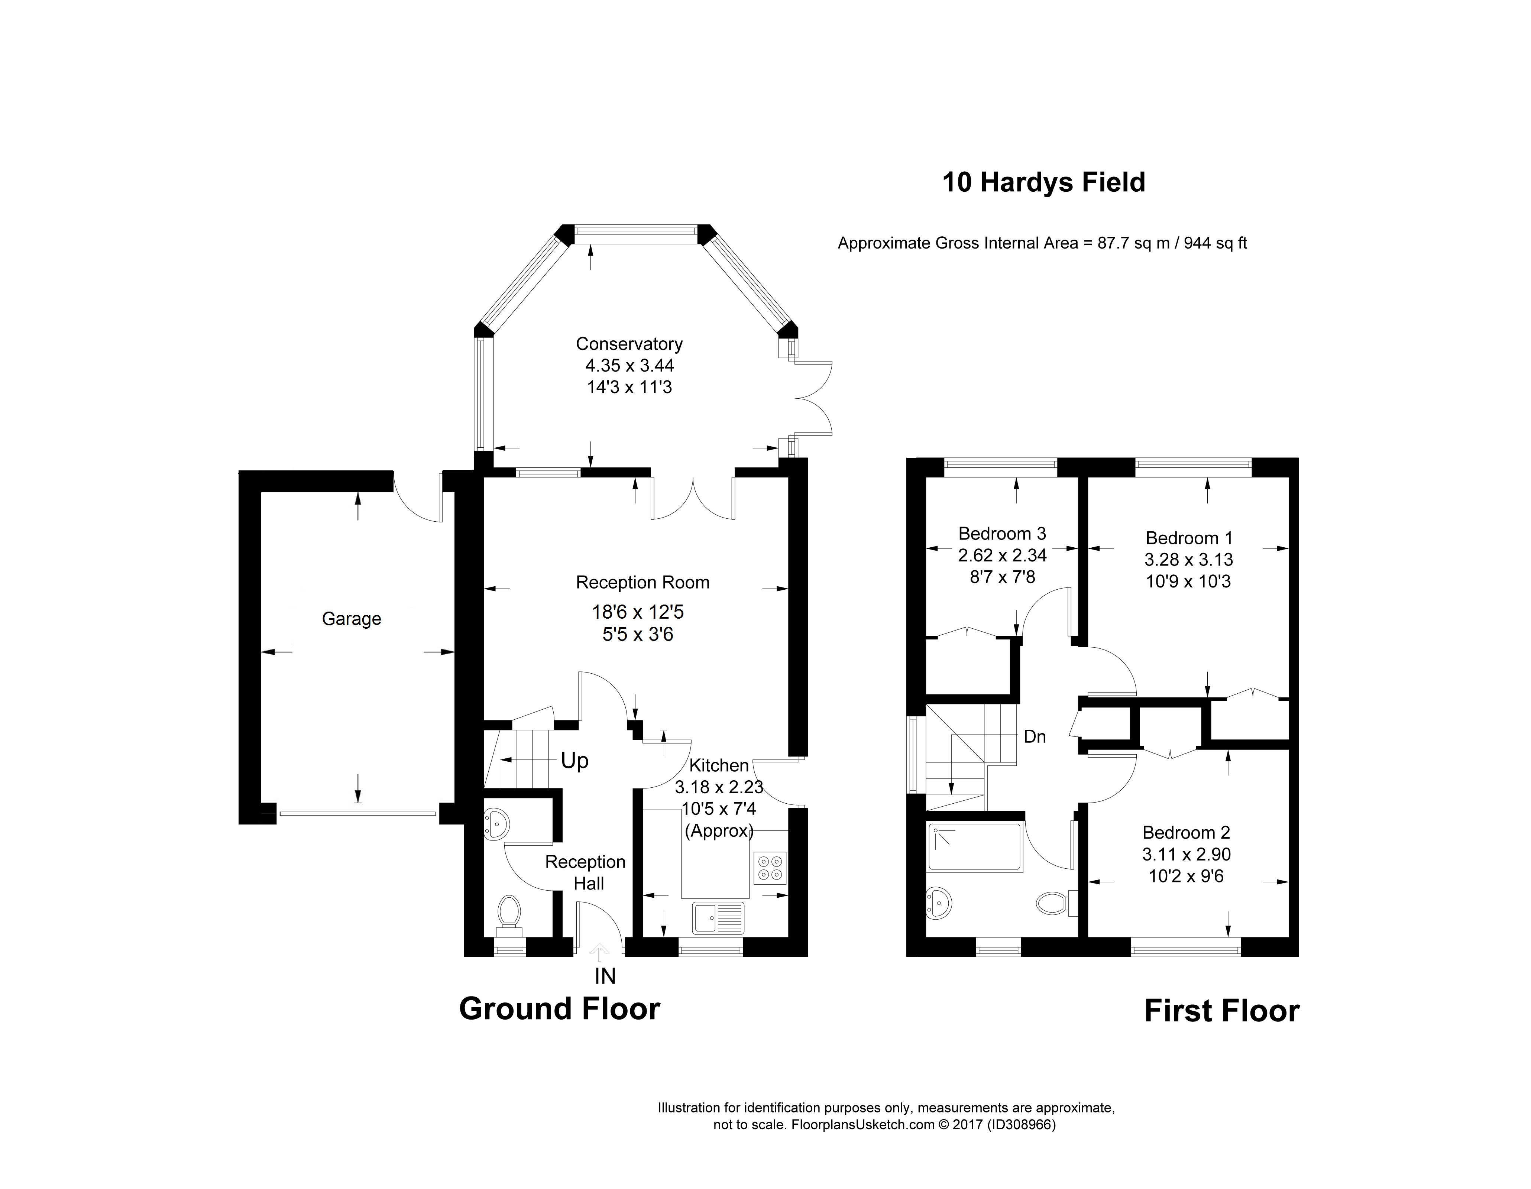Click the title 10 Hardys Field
(x=1043, y=182)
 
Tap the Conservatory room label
(x=629, y=344)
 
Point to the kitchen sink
(x=719, y=918)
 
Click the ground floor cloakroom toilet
(x=509, y=916)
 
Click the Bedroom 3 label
(x=1003, y=534)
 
